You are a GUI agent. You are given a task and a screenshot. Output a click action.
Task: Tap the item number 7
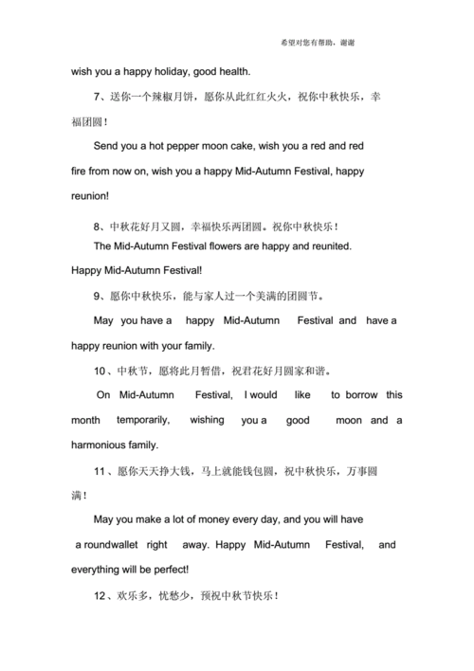tap(98, 96)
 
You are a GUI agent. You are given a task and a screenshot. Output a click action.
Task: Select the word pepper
tap(194, 147)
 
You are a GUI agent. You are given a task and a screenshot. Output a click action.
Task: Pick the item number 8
tap(98, 227)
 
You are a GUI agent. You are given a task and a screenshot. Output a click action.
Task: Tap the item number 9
tap(98, 295)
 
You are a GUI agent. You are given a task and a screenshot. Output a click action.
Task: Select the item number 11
tap(100, 470)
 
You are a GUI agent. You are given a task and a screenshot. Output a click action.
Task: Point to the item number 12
tap(100, 596)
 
